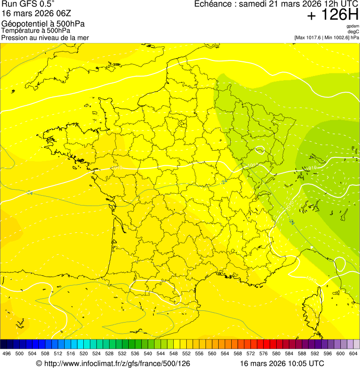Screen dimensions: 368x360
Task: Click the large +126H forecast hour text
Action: tap(332, 15)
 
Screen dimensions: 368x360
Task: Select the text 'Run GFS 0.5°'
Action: tap(28, 4)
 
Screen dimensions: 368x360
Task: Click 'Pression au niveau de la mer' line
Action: tap(45, 37)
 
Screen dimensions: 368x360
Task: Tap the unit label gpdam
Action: tap(353, 26)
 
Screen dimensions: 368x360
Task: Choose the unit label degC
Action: tap(353, 31)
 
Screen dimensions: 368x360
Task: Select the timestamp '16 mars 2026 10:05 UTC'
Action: tap(282, 363)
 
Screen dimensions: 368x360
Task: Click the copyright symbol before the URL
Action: tap(39, 363)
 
